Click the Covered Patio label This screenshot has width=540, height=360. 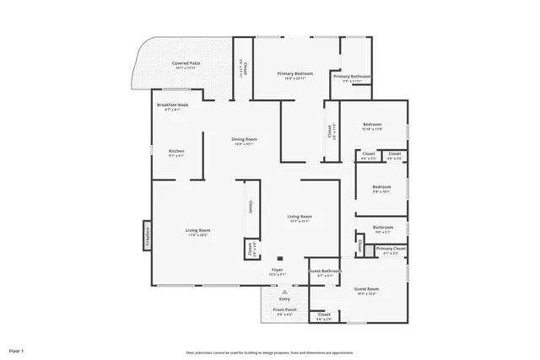coord(186,63)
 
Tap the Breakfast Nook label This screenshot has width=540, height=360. coord(174,105)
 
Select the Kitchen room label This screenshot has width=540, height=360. coord(176,151)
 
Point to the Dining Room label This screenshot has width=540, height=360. coord(245,139)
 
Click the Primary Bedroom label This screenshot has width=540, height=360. coord(295,74)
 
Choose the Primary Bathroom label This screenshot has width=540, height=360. coord(352,77)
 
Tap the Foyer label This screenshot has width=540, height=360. coord(277,270)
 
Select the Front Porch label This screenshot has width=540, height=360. coord(285,309)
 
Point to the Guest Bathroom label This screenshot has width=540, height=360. coord(326,271)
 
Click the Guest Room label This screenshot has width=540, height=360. coord(366,289)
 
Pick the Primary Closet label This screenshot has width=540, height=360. coord(391,249)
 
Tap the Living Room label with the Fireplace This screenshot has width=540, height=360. coord(198,230)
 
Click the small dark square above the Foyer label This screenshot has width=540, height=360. coord(280,258)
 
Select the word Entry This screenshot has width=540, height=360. coord(284,298)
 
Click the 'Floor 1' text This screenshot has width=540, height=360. coord(17,350)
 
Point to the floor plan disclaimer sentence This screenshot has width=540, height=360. coord(269,352)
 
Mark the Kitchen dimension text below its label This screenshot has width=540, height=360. coord(176,156)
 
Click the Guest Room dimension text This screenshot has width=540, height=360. coord(366,294)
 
